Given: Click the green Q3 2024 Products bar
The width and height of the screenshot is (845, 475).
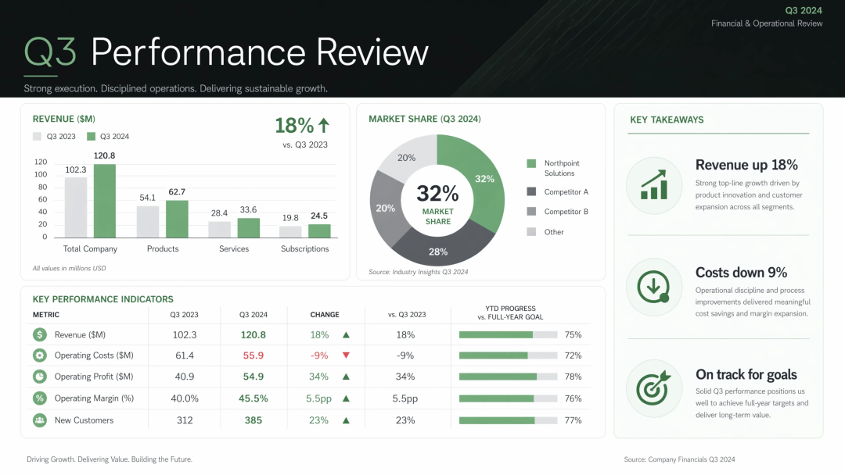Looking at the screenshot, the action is (177, 219).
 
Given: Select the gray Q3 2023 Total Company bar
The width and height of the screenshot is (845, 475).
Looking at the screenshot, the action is (75, 207).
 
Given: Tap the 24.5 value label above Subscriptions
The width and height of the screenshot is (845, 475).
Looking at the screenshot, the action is (319, 216).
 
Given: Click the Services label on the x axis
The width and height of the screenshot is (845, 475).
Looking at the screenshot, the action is (234, 249).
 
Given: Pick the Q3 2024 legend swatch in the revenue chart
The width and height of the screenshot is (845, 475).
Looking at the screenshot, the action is (91, 137).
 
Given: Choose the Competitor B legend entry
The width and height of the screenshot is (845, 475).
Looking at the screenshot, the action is (557, 212).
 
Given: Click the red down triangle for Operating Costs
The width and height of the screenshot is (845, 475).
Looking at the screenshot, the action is (346, 355).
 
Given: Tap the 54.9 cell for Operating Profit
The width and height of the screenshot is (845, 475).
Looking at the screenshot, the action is (253, 377).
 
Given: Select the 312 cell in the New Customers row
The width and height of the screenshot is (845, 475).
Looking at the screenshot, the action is (185, 420).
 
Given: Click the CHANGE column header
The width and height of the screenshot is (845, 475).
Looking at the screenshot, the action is (325, 315).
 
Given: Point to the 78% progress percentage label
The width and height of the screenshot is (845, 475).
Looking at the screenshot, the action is (573, 377).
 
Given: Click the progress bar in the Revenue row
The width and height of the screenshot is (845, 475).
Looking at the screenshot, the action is (509, 334).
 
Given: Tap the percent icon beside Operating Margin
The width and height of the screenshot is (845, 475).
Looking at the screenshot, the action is (39, 398).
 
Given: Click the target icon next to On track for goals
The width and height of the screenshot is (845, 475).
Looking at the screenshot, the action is (653, 387).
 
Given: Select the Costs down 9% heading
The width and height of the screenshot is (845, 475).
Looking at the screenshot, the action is (741, 272).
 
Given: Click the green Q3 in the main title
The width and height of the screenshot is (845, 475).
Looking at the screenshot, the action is (50, 52).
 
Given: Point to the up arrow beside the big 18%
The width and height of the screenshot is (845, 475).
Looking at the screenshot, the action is (323, 125).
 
